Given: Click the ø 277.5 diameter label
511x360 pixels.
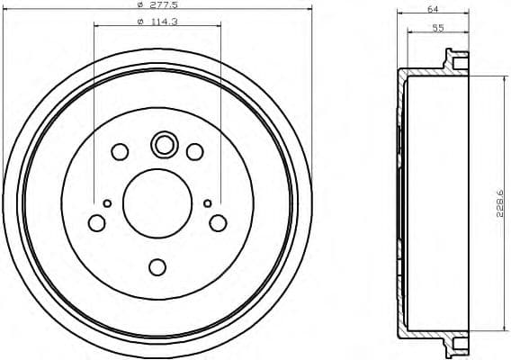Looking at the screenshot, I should click(x=158, y=7).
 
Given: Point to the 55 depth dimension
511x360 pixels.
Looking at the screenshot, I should click(x=438, y=27).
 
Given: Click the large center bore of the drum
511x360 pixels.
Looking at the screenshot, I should click(x=157, y=201).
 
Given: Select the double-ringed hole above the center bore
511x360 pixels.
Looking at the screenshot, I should click(x=164, y=144).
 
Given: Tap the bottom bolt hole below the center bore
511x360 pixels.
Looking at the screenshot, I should click(x=157, y=267).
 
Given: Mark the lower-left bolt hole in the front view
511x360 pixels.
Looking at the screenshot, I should click(x=97, y=222).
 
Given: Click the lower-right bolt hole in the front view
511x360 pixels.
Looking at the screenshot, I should click(x=218, y=222).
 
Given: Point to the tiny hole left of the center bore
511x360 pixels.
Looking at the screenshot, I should click(x=107, y=203).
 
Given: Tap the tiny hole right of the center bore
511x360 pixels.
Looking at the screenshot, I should click(x=208, y=203).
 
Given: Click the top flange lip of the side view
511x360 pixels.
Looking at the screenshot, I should click(x=458, y=63).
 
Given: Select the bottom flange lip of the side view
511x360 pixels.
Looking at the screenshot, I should click(x=458, y=343).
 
